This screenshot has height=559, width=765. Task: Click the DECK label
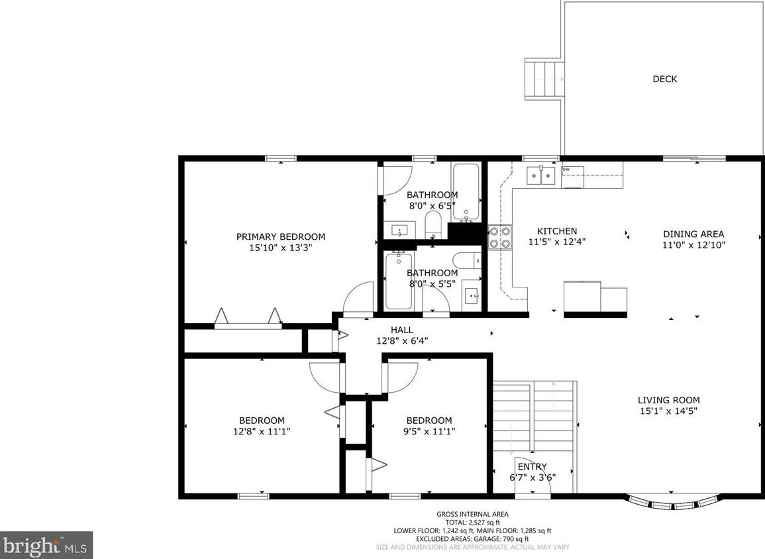click(664, 79)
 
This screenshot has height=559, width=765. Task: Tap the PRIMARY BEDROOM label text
click(281, 236)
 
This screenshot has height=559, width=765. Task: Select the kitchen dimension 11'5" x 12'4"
click(556, 242)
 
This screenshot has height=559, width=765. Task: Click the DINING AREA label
click(693, 234)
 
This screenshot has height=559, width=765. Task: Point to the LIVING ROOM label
click(668, 400)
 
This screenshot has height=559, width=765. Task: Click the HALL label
click(401, 330)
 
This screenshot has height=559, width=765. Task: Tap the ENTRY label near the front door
click(532, 466)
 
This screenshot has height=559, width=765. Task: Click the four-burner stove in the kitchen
click(499, 237)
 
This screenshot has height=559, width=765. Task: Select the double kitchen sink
click(541, 176)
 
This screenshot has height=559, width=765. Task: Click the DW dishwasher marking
click(566, 170)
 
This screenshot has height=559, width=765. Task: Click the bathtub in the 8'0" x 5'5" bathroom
click(399, 281)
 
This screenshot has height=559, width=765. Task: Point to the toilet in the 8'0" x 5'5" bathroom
click(468, 260)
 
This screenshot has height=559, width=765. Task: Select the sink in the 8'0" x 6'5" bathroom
click(399, 230)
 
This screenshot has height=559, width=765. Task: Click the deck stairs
click(544, 79)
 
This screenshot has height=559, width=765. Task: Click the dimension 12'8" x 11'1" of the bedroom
click(262, 431)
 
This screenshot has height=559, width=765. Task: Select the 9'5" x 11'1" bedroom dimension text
click(429, 431)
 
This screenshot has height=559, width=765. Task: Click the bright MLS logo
click(46, 545)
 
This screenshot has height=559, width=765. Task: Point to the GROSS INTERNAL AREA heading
click(472, 514)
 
